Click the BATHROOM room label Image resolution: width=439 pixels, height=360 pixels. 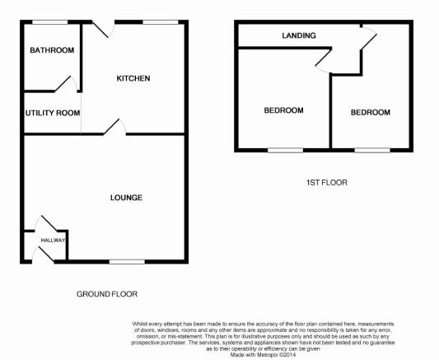52,50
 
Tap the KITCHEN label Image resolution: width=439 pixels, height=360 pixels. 133,78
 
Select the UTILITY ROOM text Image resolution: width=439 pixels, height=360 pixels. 53,113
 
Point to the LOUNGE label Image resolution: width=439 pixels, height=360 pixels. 126,198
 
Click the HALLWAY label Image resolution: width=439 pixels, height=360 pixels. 53,241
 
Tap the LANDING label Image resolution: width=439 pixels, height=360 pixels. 299,35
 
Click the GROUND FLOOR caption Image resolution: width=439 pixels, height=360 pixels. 107,294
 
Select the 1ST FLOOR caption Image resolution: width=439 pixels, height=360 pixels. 327,183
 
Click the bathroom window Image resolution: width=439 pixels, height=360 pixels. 50,22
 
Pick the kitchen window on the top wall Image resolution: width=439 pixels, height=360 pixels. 161,22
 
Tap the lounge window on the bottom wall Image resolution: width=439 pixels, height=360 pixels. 127,262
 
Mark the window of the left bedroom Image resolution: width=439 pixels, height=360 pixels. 285,150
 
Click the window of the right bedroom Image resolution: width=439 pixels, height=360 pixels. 372,150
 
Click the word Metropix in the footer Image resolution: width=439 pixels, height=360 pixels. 268,355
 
